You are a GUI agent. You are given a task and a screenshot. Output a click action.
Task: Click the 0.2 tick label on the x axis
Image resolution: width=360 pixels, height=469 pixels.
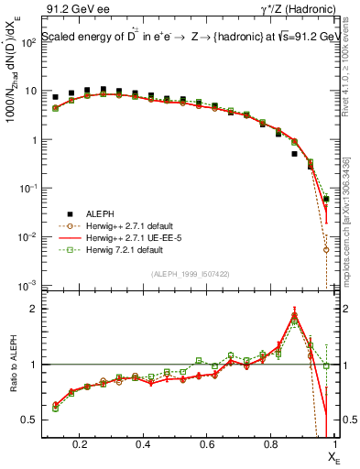81,443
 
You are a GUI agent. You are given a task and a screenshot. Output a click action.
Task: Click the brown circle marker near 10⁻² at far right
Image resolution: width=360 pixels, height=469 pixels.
326,249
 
